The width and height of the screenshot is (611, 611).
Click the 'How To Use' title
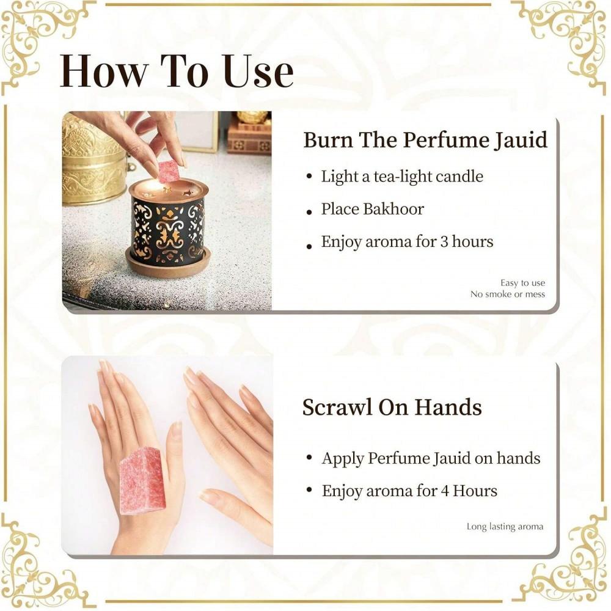[x=177, y=71]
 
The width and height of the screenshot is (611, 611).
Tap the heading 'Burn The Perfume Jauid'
[x=425, y=140]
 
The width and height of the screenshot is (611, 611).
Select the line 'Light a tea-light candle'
[x=402, y=177]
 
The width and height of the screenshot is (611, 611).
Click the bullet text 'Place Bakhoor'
[x=372, y=209]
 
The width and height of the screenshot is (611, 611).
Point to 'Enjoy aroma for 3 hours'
[x=407, y=241]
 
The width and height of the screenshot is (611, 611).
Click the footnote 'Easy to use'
[x=522, y=283]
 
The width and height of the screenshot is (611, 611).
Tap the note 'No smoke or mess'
[x=507, y=295]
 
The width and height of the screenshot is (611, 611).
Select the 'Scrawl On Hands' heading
[x=392, y=408]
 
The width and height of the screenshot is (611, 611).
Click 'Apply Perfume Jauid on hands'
[x=431, y=458]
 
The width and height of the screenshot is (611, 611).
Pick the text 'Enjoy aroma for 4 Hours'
[x=409, y=491]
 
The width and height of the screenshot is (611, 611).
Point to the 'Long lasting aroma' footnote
[x=505, y=526]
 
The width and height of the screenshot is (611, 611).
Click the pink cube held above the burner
[x=169, y=171]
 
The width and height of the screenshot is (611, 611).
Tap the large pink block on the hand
[x=142, y=480]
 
